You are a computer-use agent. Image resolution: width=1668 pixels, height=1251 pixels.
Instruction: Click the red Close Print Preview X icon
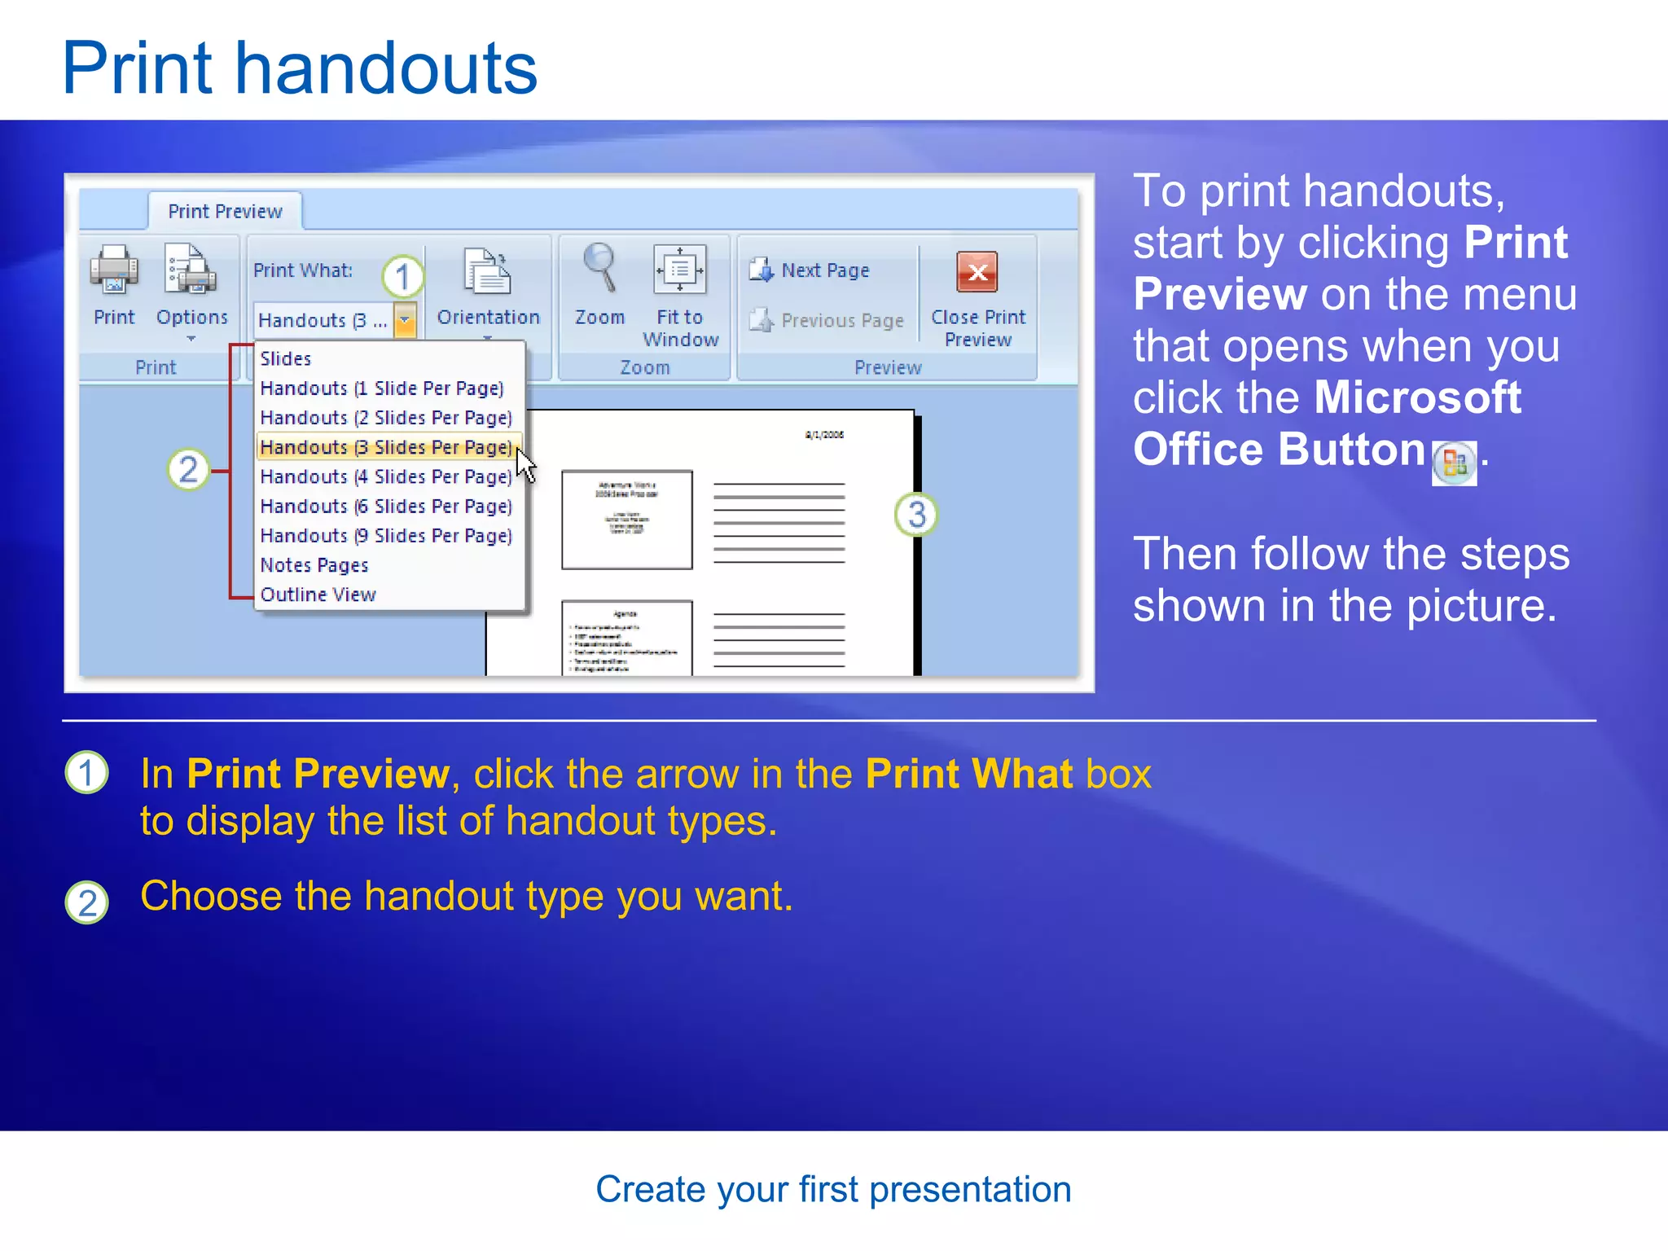click(x=977, y=272)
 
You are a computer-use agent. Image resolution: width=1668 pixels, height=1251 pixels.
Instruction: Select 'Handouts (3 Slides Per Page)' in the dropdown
click(x=386, y=447)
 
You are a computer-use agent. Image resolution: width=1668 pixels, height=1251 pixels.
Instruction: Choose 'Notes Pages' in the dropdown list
click(x=314, y=565)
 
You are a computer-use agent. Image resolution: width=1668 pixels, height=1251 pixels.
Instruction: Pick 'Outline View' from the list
click(x=318, y=595)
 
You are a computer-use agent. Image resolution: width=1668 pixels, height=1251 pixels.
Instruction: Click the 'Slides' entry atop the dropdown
click(x=286, y=358)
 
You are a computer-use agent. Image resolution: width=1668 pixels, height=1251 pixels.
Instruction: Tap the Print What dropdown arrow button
click(x=405, y=320)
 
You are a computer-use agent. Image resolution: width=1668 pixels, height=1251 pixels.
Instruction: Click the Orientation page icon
click(x=488, y=272)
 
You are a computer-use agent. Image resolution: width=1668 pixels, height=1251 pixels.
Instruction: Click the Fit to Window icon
click(x=680, y=270)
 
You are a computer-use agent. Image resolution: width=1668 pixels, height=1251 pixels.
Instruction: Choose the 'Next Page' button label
click(x=825, y=270)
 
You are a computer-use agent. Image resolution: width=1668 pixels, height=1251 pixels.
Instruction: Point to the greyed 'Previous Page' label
click(x=842, y=321)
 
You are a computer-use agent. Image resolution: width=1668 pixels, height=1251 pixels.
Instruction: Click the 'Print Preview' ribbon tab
click(x=225, y=212)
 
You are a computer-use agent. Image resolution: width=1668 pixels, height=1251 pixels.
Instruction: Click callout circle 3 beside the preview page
click(x=916, y=515)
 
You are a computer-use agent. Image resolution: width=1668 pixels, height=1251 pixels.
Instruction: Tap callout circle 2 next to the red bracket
click(x=188, y=470)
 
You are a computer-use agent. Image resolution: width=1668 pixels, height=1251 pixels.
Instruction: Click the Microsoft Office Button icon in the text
click(x=1454, y=464)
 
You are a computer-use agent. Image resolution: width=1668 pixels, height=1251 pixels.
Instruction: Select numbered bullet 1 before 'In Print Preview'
click(x=86, y=773)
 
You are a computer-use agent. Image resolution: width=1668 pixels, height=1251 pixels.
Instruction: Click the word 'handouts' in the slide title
click(x=386, y=68)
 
